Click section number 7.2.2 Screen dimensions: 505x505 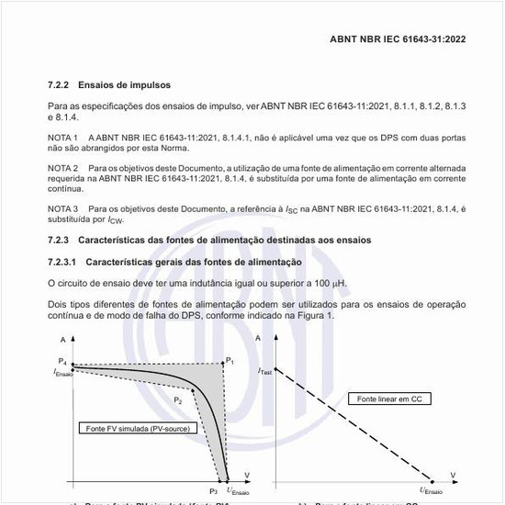61,84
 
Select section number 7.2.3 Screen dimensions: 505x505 61,241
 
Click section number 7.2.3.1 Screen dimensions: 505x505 65,262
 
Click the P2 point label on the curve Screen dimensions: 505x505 178,400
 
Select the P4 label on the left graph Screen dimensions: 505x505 62,362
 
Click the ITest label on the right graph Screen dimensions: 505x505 264,371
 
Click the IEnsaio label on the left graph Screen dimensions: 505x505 62,372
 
